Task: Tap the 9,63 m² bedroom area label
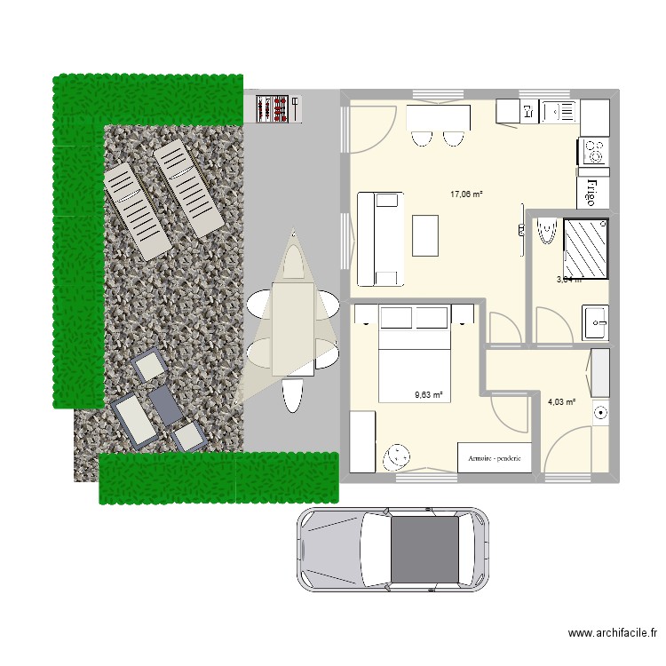[x=429, y=396]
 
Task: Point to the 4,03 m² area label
[x=562, y=402]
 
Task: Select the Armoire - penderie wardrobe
[x=495, y=458]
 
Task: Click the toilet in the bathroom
[x=545, y=229]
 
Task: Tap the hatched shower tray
[x=585, y=248]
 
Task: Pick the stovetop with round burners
[x=594, y=150]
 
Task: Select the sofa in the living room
[x=380, y=238]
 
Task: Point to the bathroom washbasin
[x=595, y=321]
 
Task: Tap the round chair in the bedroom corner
[x=393, y=456]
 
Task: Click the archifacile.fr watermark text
[x=613, y=634]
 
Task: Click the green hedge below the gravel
[x=218, y=478]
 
